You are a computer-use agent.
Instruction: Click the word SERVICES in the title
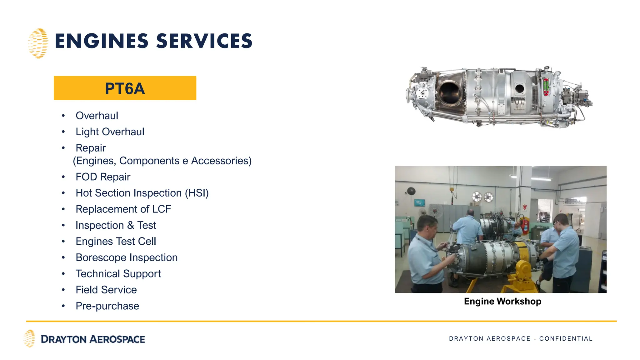pyautogui.click(x=204, y=41)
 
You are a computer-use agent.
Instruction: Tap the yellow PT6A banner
pyautogui.click(x=125, y=88)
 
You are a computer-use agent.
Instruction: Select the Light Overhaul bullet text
pyautogui.click(x=110, y=132)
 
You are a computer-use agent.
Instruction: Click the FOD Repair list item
pyautogui.click(x=103, y=177)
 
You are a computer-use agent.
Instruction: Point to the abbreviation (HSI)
pyautogui.click(x=197, y=193)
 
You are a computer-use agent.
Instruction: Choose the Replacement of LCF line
pyautogui.click(x=123, y=209)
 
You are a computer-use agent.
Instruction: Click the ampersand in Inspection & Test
pyautogui.click(x=131, y=225)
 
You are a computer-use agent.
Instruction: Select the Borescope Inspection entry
pyautogui.click(x=127, y=257)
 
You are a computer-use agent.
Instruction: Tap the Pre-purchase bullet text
pyautogui.click(x=107, y=306)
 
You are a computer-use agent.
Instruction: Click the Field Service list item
pyautogui.click(x=106, y=290)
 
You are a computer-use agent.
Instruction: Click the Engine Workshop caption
pyautogui.click(x=502, y=301)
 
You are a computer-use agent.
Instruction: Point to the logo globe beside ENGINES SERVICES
pyautogui.click(x=38, y=43)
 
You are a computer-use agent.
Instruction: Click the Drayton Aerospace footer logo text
pyautogui.click(x=93, y=339)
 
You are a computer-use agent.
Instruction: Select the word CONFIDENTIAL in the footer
pyautogui.click(x=566, y=339)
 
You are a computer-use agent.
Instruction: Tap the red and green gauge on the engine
pyautogui.click(x=546, y=87)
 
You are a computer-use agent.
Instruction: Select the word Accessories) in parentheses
pyautogui.click(x=221, y=161)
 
